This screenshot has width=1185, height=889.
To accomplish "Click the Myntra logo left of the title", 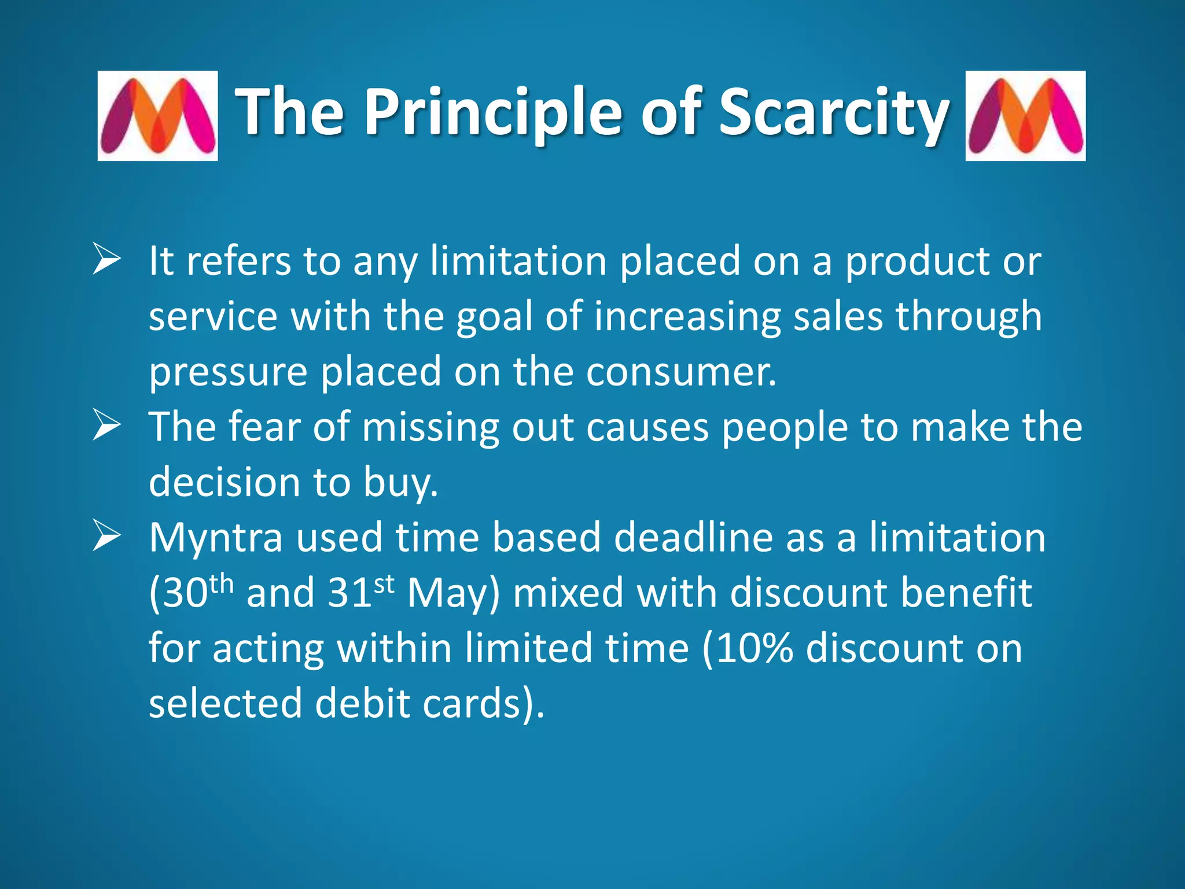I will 157,116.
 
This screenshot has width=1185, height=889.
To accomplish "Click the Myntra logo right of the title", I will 1025,116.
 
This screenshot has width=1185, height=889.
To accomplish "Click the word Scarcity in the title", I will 833,113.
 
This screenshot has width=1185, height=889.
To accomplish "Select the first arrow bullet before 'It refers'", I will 106,260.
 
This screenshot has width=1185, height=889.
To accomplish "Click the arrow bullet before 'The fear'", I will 106,427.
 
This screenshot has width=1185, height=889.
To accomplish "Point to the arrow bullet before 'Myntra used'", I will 106,537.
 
